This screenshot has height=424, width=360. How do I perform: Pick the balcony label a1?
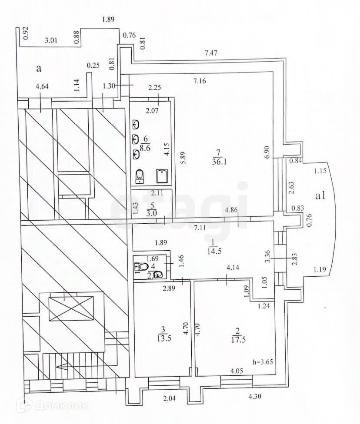320,196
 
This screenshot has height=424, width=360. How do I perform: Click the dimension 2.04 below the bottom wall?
170,398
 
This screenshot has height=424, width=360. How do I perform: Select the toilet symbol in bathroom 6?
140,176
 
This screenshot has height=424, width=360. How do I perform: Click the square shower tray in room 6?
162,176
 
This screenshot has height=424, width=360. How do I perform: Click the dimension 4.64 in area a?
42,87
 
